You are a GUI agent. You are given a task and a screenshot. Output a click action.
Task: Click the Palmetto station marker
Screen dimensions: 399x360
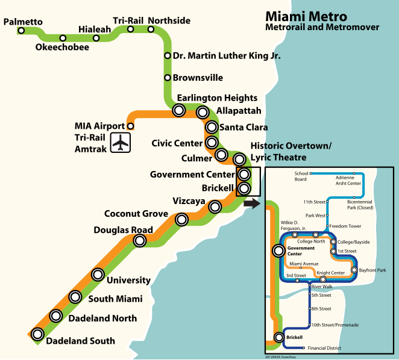(x=21, y=31)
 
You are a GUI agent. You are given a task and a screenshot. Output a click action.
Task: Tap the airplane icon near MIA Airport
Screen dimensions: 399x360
(x=121, y=142)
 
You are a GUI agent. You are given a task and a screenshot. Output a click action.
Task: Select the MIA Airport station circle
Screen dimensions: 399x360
(x=131, y=126)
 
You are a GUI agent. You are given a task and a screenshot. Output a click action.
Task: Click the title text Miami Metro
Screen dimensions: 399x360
(x=306, y=16)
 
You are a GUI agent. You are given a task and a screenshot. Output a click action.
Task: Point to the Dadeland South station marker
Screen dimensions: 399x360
(x=37, y=334)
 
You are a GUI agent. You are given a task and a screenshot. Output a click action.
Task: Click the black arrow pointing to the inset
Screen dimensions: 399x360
(x=252, y=203)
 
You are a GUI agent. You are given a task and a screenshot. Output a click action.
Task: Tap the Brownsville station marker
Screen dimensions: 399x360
(x=167, y=78)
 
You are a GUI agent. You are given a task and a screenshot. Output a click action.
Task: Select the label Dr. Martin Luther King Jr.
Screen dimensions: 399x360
(x=227, y=55)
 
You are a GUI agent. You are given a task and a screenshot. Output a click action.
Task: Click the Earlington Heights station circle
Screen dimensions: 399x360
(x=178, y=110)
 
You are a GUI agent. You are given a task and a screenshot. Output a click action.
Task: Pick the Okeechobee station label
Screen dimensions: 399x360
(x=62, y=48)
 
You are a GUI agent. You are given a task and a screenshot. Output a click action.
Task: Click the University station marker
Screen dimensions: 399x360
(x=98, y=275)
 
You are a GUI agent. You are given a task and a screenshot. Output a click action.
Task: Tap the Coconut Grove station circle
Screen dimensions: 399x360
(x=181, y=219)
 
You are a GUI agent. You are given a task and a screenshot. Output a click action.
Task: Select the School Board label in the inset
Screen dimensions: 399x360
(x=301, y=176)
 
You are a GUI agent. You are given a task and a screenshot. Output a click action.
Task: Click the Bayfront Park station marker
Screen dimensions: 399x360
(x=354, y=270)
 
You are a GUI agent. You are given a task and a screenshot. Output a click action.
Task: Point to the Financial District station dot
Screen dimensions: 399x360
(x=303, y=348)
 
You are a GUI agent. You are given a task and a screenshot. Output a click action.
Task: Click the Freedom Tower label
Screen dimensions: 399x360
(x=345, y=226)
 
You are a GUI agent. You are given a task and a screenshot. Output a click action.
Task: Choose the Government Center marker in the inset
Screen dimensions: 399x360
(x=278, y=250)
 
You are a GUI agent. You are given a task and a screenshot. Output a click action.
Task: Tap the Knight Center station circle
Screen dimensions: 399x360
(x=323, y=279)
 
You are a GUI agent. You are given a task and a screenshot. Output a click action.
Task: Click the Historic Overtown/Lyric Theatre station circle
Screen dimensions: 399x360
(x=239, y=160)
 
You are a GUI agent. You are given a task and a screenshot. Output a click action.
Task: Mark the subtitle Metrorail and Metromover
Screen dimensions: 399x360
(x=322, y=27)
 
